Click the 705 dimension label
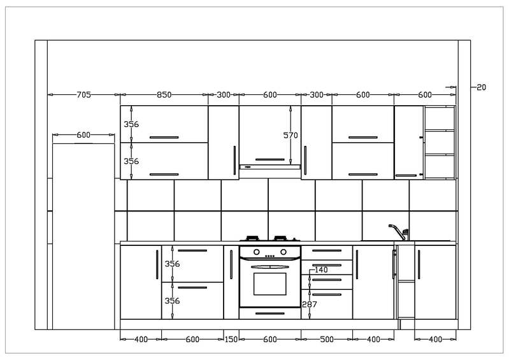pos(83,95)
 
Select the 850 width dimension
pos(164,95)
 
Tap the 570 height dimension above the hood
pos(290,135)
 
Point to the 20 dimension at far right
pos(482,87)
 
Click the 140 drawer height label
pos(321,270)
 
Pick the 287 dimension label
pos(310,304)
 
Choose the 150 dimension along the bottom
pos(231,339)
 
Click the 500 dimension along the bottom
pos(327,339)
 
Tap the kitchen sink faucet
pos(399,232)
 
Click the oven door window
pos(269,284)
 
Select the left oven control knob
pos(257,252)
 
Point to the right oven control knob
pos(283,252)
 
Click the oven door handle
pos(269,267)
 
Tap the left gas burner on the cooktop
pos(252,238)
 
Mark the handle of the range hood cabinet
pos(269,159)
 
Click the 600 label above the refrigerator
pos(83,134)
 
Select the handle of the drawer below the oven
pos(269,313)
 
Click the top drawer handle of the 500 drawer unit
pos(327,250)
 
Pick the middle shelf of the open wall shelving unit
pos(440,155)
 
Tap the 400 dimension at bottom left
pos(141,339)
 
